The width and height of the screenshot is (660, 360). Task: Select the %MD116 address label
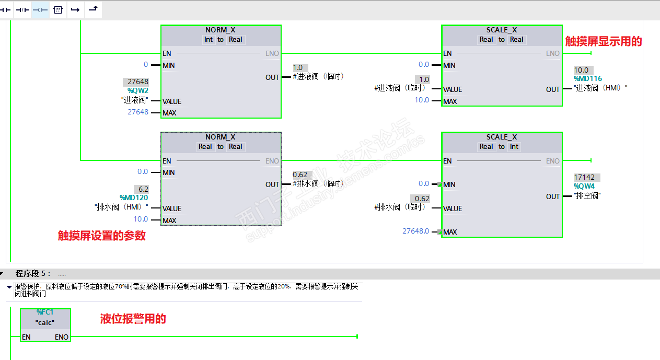coord(588,79)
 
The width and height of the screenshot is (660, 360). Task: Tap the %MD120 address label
coord(134,198)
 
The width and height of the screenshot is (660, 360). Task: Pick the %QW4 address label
coord(584,186)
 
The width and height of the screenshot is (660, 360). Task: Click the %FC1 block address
coord(45,312)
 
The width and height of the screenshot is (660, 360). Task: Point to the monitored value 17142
coord(584,177)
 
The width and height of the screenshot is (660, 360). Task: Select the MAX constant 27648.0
coord(415,231)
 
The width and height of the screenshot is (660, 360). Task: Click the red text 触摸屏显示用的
coord(603,42)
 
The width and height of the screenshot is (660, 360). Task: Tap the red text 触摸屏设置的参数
coord(101,236)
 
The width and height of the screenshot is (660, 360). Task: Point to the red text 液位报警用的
coord(133,319)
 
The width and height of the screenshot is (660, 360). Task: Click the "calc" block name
coord(45,322)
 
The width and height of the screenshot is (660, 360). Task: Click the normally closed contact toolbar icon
coord(22,10)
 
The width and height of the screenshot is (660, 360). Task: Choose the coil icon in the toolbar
coord(40,10)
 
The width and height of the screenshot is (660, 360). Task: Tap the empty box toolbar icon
coord(58,10)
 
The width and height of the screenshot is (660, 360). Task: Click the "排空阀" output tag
coord(587,196)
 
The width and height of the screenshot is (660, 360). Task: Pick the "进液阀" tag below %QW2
coord(134,100)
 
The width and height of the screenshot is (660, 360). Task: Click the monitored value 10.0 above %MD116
coord(581,70)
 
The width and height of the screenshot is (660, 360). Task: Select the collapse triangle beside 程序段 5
coord(2,273)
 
